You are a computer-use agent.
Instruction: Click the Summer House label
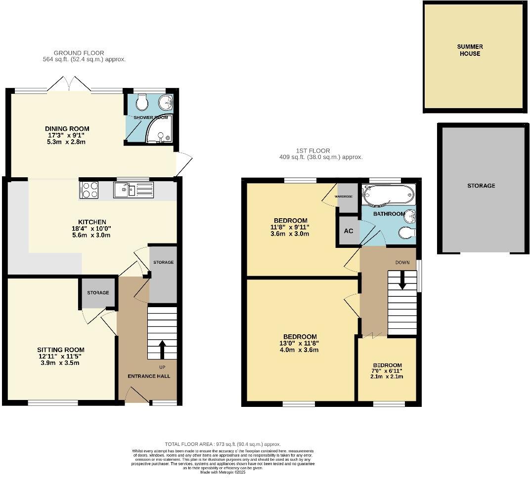[x=470, y=50]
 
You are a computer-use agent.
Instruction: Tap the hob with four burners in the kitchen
[x=89, y=190]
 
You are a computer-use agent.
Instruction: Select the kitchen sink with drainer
[x=133, y=190]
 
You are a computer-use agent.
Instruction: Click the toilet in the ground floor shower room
[x=141, y=102]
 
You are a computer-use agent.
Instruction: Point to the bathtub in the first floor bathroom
[x=387, y=195]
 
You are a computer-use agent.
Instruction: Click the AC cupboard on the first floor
[x=349, y=231]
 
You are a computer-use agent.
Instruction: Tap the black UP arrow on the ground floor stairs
[x=162, y=349]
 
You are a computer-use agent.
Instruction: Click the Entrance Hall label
[x=149, y=376]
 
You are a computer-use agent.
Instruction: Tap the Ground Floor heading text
[x=79, y=53]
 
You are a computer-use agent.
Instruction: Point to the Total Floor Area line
[x=222, y=444]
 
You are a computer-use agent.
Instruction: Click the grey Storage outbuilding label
[x=481, y=186]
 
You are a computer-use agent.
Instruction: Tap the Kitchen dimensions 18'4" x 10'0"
[x=92, y=229]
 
